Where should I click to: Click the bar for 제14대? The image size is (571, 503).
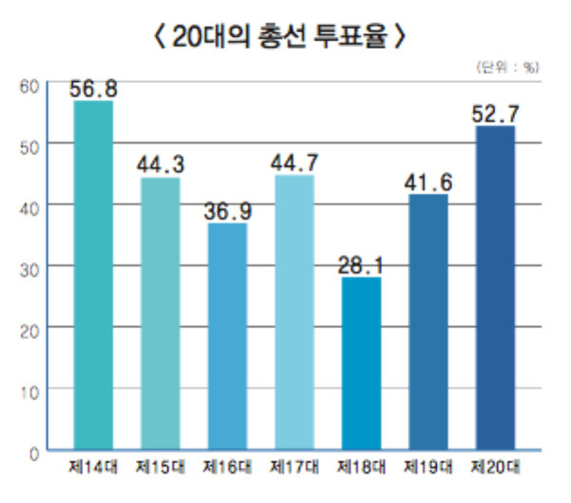pyautogui.click(x=93, y=276)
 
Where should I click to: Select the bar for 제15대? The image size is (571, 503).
pyautogui.click(x=160, y=314)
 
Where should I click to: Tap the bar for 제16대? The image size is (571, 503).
pyautogui.click(x=226, y=337)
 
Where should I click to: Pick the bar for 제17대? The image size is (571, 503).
pyautogui.click(x=293, y=312)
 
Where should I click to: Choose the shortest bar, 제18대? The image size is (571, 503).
pyautogui.click(x=359, y=363)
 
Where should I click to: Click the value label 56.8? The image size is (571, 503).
pyautogui.click(x=93, y=88)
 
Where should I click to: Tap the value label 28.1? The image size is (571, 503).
pyautogui.click(x=359, y=263)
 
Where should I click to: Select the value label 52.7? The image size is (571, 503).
pyautogui.click(x=494, y=113)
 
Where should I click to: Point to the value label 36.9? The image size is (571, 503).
pyautogui.click(x=226, y=209)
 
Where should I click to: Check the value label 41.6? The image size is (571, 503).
pyautogui.click(x=427, y=181)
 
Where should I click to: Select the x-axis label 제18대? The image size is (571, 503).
pyautogui.click(x=359, y=468)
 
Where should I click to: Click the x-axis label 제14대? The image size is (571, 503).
pyautogui.click(x=92, y=468)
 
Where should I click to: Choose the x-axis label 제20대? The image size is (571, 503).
pyautogui.click(x=494, y=468)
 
